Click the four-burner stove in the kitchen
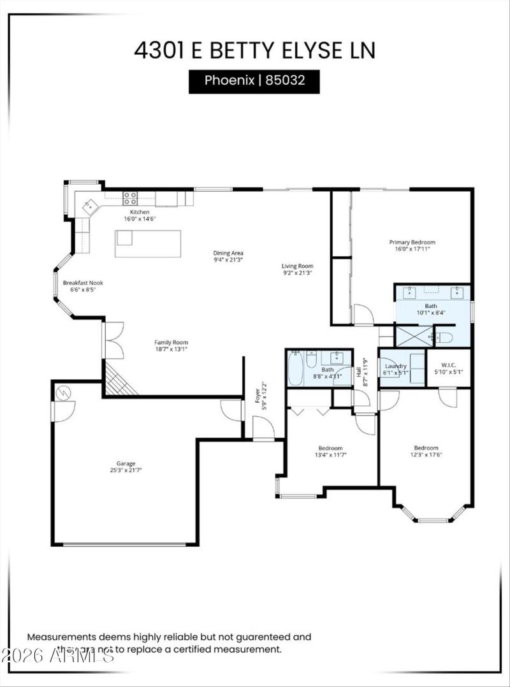tap(131, 198)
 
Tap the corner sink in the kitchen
tap(91, 205)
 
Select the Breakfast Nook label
tap(83, 283)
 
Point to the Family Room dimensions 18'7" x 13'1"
tap(171, 349)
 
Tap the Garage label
tap(126, 463)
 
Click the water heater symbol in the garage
tap(62, 393)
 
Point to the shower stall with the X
tap(413, 336)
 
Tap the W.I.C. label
tap(448, 365)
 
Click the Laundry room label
tap(395, 366)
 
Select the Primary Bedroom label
tap(412, 242)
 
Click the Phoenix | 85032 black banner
tap(254, 81)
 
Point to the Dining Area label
tap(228, 253)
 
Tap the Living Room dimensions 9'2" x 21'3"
tap(298, 273)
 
